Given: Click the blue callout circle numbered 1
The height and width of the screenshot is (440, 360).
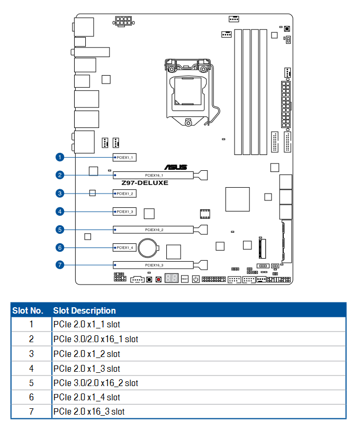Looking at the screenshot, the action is [60, 157].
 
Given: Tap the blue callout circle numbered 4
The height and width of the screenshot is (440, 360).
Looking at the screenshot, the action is [60, 212].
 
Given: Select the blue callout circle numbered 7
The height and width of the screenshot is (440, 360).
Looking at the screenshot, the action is [60, 264].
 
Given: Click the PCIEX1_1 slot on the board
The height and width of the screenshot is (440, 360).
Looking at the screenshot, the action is [125, 158].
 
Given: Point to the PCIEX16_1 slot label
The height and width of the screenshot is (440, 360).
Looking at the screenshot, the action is [154, 175].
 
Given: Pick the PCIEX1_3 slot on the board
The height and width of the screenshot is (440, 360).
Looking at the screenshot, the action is [125, 212].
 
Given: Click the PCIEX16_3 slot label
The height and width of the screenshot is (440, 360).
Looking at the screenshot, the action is [154, 265].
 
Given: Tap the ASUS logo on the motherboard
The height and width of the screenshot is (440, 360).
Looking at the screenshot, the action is [176, 167].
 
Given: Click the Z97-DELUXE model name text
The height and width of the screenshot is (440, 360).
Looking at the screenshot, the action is [145, 182].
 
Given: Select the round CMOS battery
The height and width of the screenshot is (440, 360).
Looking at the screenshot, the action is [148, 248].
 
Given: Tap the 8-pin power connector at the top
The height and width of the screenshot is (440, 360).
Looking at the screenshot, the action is [123, 21].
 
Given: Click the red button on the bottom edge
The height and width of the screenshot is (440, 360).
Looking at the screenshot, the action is [159, 279].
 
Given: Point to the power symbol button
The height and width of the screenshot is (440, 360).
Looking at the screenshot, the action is [196, 279].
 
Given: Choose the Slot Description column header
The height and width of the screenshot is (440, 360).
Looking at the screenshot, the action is [84, 310].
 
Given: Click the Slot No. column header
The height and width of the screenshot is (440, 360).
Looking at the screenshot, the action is [28, 310].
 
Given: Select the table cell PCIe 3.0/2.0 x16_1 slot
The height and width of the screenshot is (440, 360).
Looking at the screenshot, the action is [96, 339].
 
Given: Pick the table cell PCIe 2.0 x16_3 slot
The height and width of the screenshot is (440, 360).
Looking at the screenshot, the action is [89, 411].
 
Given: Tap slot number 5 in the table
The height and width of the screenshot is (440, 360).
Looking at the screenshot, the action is [31, 383].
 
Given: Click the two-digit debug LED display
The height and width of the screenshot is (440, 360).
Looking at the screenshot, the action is [172, 278].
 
